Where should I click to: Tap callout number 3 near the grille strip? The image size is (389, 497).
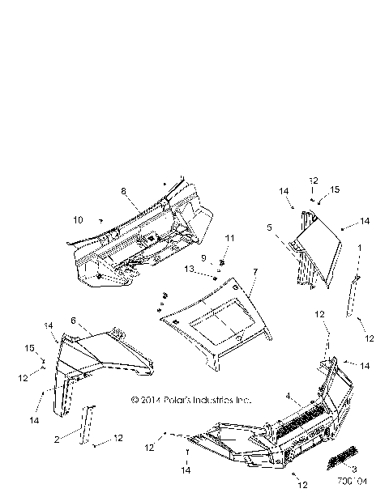pos(353,469)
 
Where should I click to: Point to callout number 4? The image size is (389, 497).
pos(289,396)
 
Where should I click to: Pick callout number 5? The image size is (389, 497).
pos(268,229)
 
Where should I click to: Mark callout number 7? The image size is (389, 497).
pos(254,271)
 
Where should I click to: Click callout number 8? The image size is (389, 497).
pos(124,191)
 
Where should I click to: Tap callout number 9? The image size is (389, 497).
pos(205,258)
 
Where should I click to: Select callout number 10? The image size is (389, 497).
pos(77,219)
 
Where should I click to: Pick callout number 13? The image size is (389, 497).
pos(189,269)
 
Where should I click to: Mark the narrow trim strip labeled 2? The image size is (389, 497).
pos(86,424)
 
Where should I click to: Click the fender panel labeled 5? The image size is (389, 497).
pos(321,255)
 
